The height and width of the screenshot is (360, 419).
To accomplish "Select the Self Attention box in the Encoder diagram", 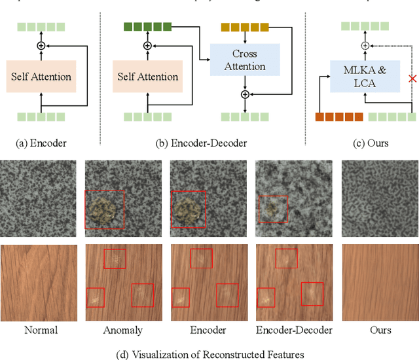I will pos(41,77).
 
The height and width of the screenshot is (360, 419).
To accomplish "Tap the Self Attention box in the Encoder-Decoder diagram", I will pos(147,77).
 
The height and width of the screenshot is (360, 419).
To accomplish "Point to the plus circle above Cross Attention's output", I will pos(245,94).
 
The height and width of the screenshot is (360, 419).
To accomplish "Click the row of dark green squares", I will pos(147,27).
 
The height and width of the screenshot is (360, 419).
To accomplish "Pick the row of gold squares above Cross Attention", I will pos(245,27).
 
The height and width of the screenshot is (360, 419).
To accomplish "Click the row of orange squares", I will pos(339,117).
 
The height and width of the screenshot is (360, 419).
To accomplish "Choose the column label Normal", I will pos(41,330).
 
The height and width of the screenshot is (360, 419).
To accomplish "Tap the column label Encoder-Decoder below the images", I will pos(294,330).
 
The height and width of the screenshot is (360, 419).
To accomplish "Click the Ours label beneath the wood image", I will pos(378,330).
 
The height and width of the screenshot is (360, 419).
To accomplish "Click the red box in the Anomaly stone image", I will pos(105,210).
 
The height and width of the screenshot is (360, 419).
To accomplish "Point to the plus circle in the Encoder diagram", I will pos(41,46).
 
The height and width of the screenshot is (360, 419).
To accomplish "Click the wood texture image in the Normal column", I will pos(41,283).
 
